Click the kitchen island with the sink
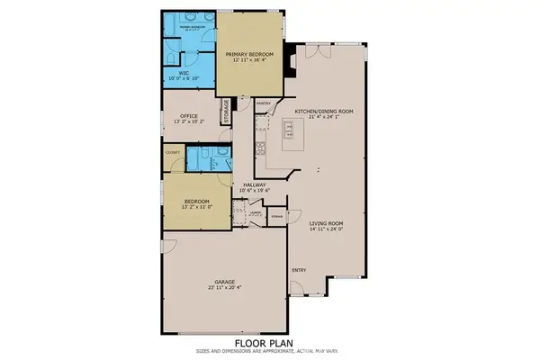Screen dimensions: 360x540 pyautogui.click(x=293, y=133)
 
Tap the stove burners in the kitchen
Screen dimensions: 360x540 pyautogui.click(x=259, y=148)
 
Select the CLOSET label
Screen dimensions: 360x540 pyautogui.click(x=174, y=153)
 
